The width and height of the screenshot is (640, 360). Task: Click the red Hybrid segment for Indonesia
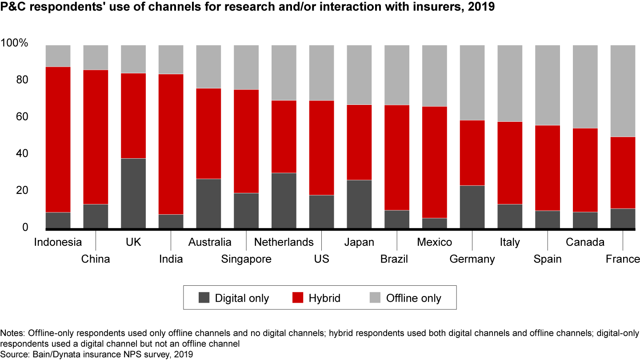pyautogui.click(x=58, y=140)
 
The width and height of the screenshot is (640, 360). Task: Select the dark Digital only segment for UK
pyautogui.click(x=133, y=193)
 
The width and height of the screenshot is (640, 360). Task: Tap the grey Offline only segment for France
pyautogui.click(x=623, y=91)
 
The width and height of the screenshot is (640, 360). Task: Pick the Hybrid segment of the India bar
pyautogui.click(x=171, y=144)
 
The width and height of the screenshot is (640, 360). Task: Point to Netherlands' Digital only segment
pyautogui.click(x=284, y=200)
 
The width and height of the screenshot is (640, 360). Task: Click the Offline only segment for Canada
pyautogui.click(x=585, y=87)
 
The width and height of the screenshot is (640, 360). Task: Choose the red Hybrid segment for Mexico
pyautogui.click(x=435, y=162)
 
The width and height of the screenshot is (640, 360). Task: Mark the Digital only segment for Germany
pyautogui.click(x=472, y=207)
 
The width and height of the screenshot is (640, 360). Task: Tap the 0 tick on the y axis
pyautogui.click(x=25, y=228)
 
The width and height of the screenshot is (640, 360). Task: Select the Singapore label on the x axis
pyautogui.click(x=246, y=259)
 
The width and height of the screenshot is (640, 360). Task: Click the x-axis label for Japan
pyautogui.click(x=359, y=242)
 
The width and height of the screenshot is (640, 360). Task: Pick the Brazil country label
pyautogui.click(x=394, y=259)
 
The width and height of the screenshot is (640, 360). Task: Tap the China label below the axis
pyautogui.click(x=96, y=259)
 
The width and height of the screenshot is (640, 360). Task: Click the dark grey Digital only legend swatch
pyautogui.click(x=204, y=298)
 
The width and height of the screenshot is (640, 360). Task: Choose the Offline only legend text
pyautogui.click(x=413, y=298)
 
